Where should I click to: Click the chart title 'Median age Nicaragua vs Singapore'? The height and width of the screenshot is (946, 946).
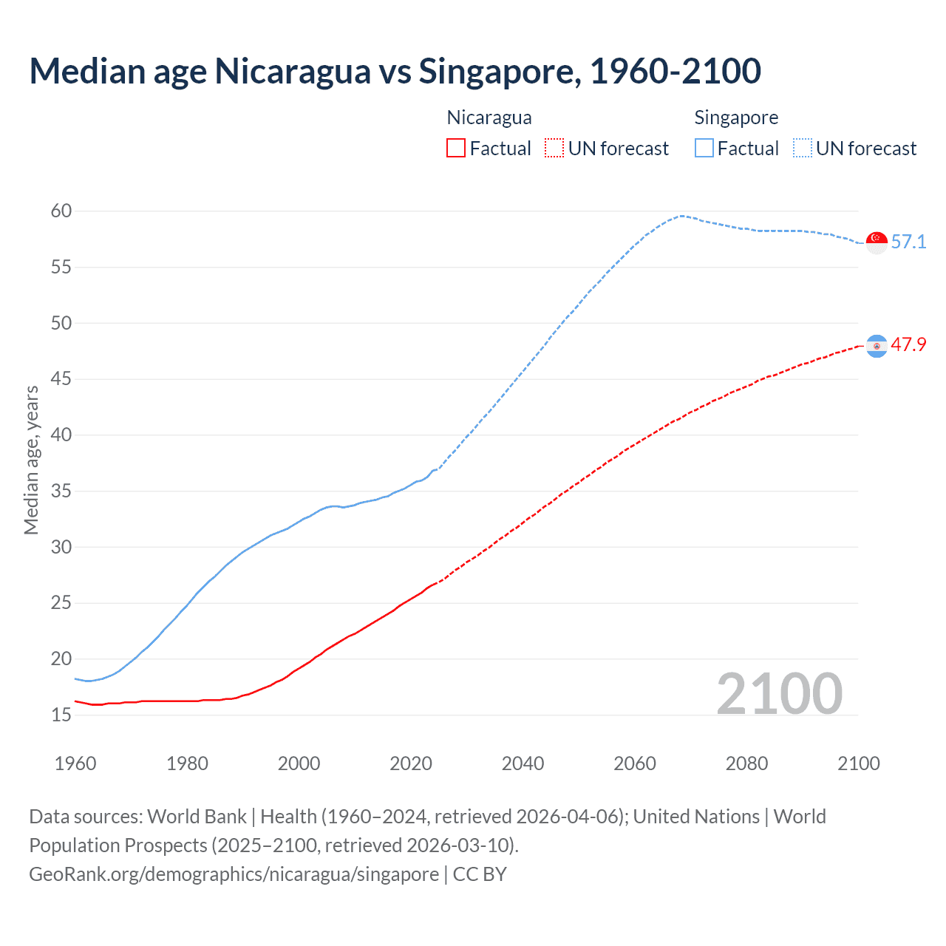(x=395, y=71)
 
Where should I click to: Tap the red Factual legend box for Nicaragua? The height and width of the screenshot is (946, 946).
(x=456, y=148)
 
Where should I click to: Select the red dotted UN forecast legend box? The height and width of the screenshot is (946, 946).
(x=554, y=148)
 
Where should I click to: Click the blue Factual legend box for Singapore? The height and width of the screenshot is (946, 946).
(x=704, y=148)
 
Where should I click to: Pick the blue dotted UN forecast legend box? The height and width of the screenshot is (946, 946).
(x=802, y=148)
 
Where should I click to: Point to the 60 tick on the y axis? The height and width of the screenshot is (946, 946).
(x=61, y=211)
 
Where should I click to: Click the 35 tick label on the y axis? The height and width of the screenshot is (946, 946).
(x=61, y=491)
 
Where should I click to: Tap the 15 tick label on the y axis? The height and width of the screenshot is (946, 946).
(x=61, y=715)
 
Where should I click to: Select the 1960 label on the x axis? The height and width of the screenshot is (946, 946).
(x=75, y=763)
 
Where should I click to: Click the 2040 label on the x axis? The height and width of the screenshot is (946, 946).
(x=523, y=763)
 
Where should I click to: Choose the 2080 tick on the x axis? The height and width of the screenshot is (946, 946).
(x=746, y=763)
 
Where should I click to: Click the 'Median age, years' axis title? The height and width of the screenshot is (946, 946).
(x=31, y=460)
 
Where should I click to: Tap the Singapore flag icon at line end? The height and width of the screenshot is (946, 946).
(x=877, y=242)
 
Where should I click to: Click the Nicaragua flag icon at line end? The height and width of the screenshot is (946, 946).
(x=877, y=346)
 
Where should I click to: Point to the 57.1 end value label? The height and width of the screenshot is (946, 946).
(x=908, y=242)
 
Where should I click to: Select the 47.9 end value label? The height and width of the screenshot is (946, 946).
(x=908, y=345)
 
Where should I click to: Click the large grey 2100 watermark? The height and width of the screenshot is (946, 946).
(x=779, y=693)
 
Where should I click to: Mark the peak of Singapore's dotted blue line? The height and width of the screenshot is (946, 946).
(x=681, y=216)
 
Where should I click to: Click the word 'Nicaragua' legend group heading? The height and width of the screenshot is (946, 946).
(x=489, y=118)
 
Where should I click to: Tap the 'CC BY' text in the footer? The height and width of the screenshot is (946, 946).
(x=480, y=874)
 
